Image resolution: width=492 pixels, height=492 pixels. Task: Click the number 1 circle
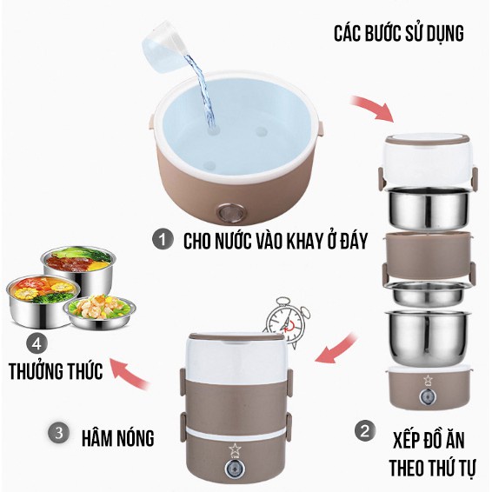coord(162,240)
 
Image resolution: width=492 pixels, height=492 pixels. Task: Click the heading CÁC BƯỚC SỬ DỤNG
coord(399,34)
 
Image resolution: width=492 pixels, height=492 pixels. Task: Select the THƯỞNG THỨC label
coord(57,371)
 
